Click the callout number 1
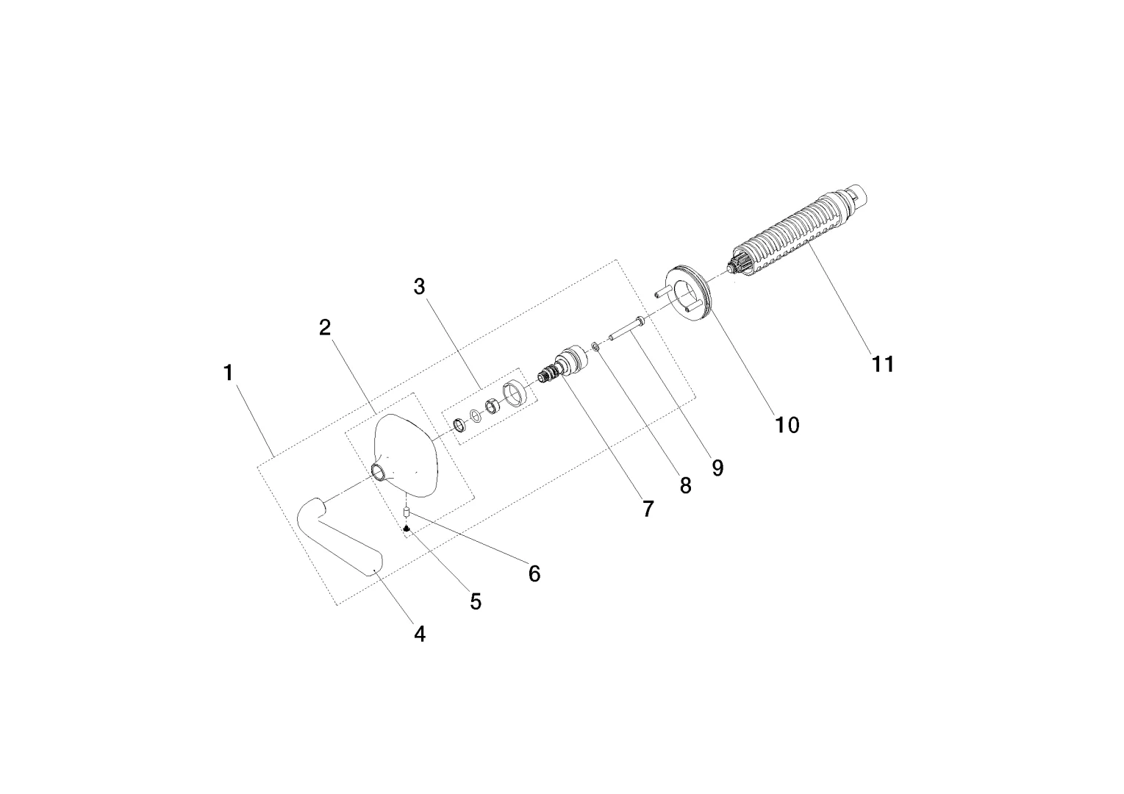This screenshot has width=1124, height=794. [x=229, y=373]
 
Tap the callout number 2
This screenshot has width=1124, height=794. [x=325, y=328]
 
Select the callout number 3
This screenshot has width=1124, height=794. [x=420, y=287]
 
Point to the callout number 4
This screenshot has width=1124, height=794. [x=420, y=634]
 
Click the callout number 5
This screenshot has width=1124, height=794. [x=476, y=602]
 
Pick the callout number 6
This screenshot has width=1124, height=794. [x=534, y=573]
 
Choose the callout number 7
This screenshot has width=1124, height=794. [x=648, y=509]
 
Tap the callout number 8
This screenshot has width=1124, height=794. [x=685, y=485]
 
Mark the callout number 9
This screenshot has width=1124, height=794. [x=717, y=468]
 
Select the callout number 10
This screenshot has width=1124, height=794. [x=787, y=425]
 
